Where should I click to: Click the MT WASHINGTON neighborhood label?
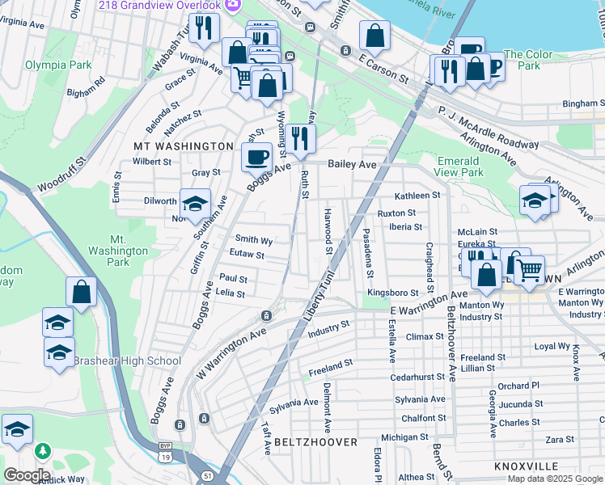(x=183, y=146)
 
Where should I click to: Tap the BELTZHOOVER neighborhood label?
(x=315, y=442)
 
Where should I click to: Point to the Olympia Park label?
(x=57, y=64)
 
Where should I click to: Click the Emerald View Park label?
(x=459, y=167)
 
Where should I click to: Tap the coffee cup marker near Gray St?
(x=257, y=156)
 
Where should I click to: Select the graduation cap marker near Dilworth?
(x=194, y=205)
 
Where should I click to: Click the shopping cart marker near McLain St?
(x=528, y=270)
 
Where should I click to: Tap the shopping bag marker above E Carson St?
(x=374, y=36)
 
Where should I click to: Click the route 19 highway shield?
(x=166, y=455)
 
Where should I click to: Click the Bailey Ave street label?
(x=352, y=164)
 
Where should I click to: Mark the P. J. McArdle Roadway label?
(x=489, y=128)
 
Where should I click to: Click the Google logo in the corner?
(x=27, y=474)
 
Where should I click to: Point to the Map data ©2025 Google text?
(x=555, y=479)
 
